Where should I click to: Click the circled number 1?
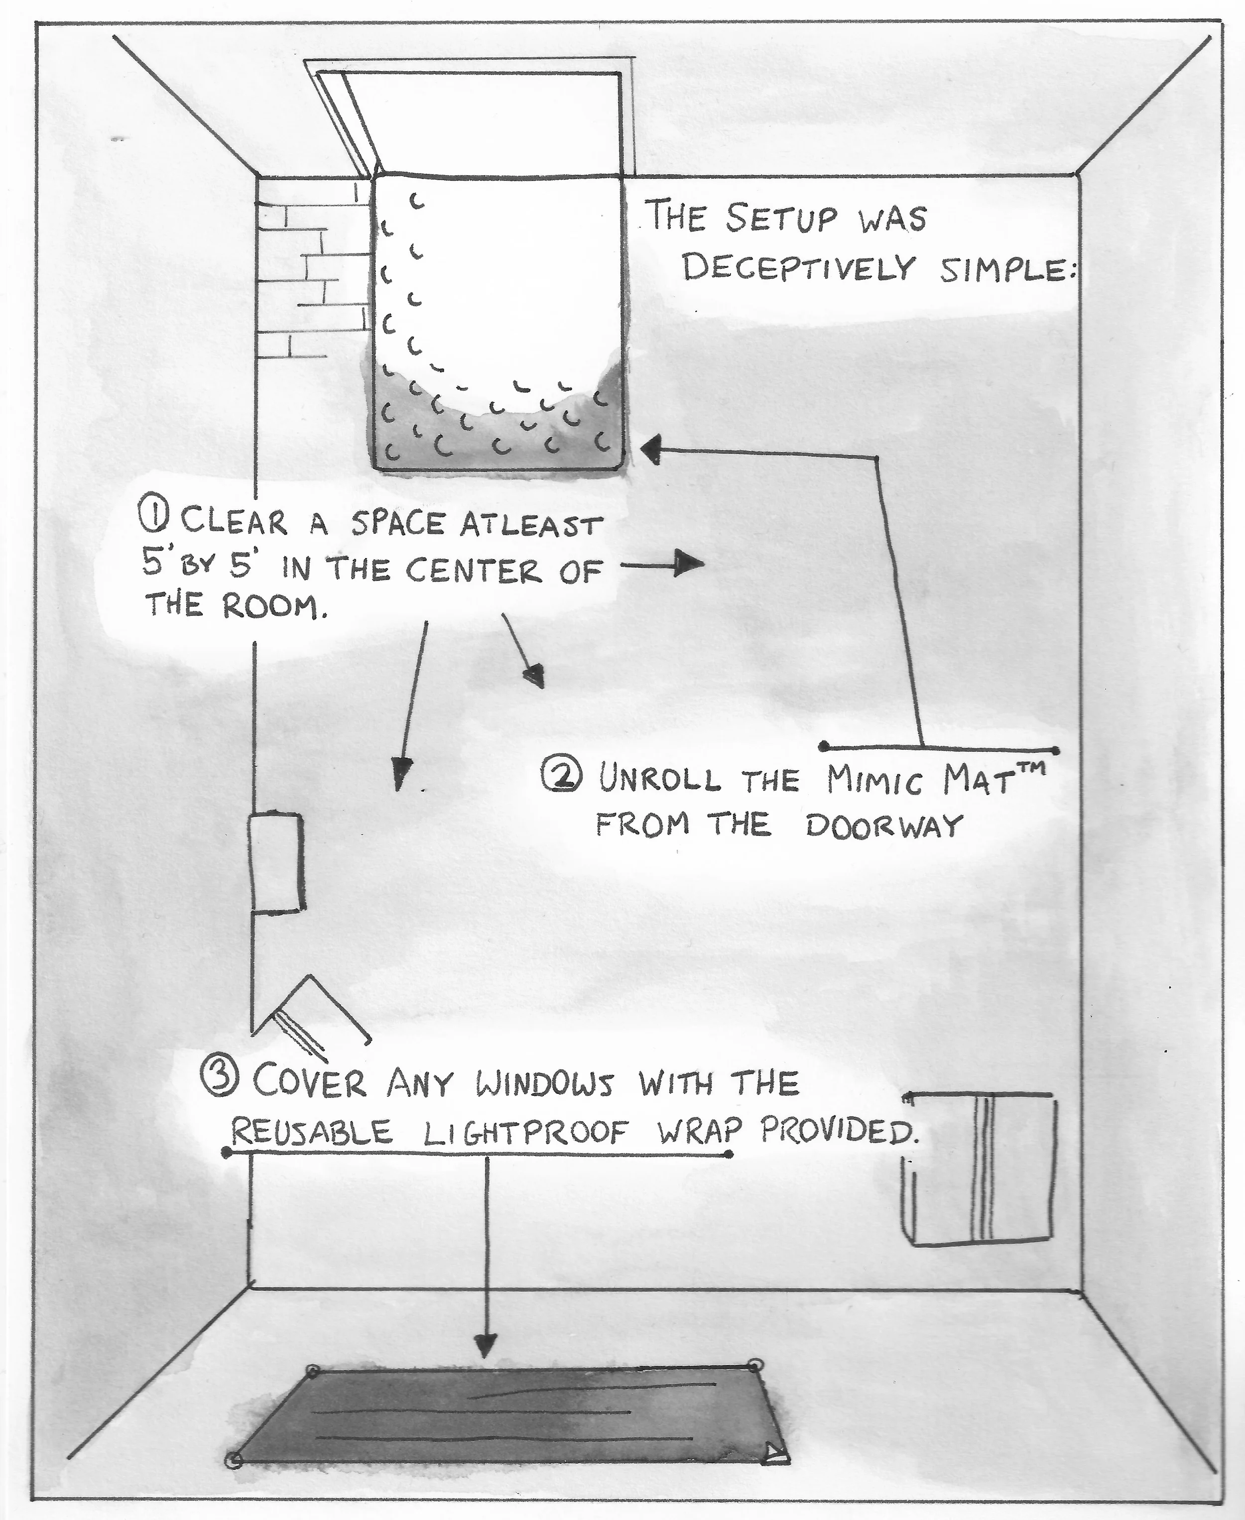[154, 518]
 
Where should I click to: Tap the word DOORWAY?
[883, 826]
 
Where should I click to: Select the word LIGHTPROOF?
[526, 1133]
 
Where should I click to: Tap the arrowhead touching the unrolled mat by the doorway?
[651, 450]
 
